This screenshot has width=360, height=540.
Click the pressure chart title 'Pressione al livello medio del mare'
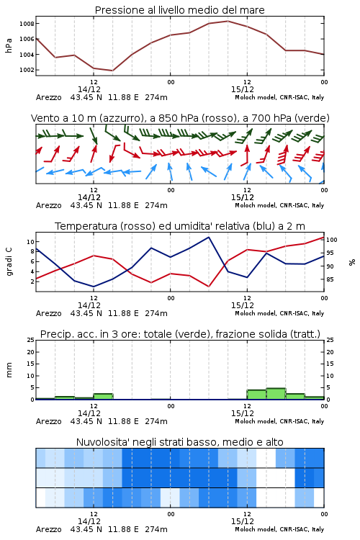pos(179,10)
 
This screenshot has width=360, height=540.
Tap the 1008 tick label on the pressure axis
pos(27,24)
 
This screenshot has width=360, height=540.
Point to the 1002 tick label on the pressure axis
pos(27,70)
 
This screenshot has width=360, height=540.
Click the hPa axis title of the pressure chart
pos(9,45)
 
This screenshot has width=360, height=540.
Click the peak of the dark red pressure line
pos(228,21)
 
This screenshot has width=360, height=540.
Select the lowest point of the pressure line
pos(112,71)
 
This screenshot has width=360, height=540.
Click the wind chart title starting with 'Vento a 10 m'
pos(180,118)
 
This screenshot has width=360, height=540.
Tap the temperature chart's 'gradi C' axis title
pos(9,262)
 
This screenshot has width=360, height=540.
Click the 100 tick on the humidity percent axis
pos(332,240)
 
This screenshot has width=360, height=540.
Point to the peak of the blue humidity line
pos(208,237)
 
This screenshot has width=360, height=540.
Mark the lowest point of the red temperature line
pos(209,287)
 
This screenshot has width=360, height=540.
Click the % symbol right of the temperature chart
pos(352,262)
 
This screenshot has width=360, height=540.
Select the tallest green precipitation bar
pos(276,394)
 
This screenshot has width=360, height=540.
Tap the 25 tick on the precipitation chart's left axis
pos(31,340)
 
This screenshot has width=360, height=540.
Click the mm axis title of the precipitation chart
pos(9,370)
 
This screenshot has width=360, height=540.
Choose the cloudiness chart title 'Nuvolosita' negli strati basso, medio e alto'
pos(179,442)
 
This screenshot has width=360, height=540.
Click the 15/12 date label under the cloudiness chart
pos(242,521)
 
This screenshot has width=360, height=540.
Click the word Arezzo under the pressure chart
pos(48,97)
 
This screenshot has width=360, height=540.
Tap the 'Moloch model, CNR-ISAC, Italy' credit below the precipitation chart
pos(279,421)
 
